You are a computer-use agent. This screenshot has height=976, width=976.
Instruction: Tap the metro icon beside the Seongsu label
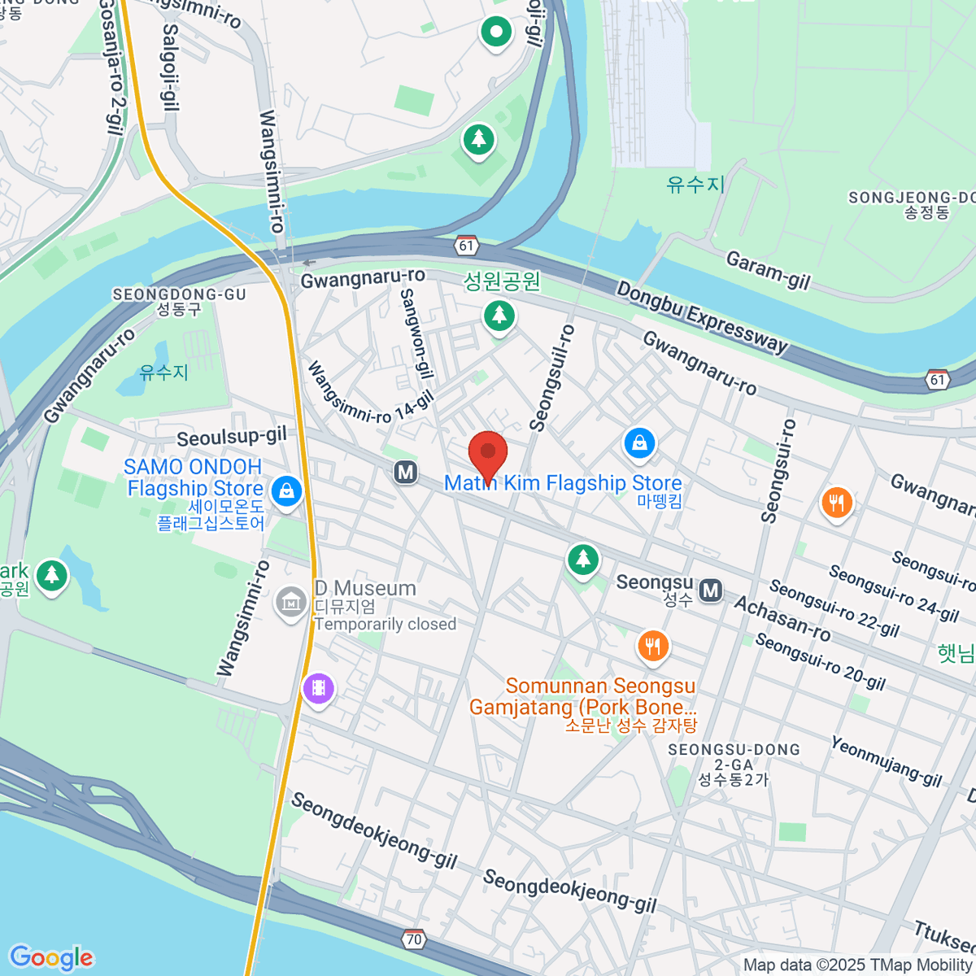tap(711, 590)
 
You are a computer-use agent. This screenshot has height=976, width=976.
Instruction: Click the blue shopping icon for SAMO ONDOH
tap(286, 491)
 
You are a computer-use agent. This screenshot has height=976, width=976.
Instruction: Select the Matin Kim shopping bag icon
tap(640, 443)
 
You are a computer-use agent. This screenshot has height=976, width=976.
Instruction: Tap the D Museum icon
tap(290, 603)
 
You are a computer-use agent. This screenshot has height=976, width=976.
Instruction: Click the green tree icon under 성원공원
tap(499, 314)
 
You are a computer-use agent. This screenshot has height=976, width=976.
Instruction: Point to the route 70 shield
tap(414, 939)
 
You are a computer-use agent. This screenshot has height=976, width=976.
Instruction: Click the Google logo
tap(51, 958)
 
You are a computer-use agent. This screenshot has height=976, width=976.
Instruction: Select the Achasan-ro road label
tap(782, 618)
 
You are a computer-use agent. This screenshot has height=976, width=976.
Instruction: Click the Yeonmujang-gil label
tap(886, 761)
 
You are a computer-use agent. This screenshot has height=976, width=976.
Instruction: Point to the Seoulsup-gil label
tap(232, 437)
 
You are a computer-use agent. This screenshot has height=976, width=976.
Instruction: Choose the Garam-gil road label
tap(768, 270)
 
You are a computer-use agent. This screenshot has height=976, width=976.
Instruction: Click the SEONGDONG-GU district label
tap(179, 294)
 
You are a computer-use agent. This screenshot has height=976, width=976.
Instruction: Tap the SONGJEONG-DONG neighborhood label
tap(911, 198)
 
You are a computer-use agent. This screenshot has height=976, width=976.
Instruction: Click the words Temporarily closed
tap(385, 624)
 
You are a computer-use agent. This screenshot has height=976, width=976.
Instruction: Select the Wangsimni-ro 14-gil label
tap(370, 392)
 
